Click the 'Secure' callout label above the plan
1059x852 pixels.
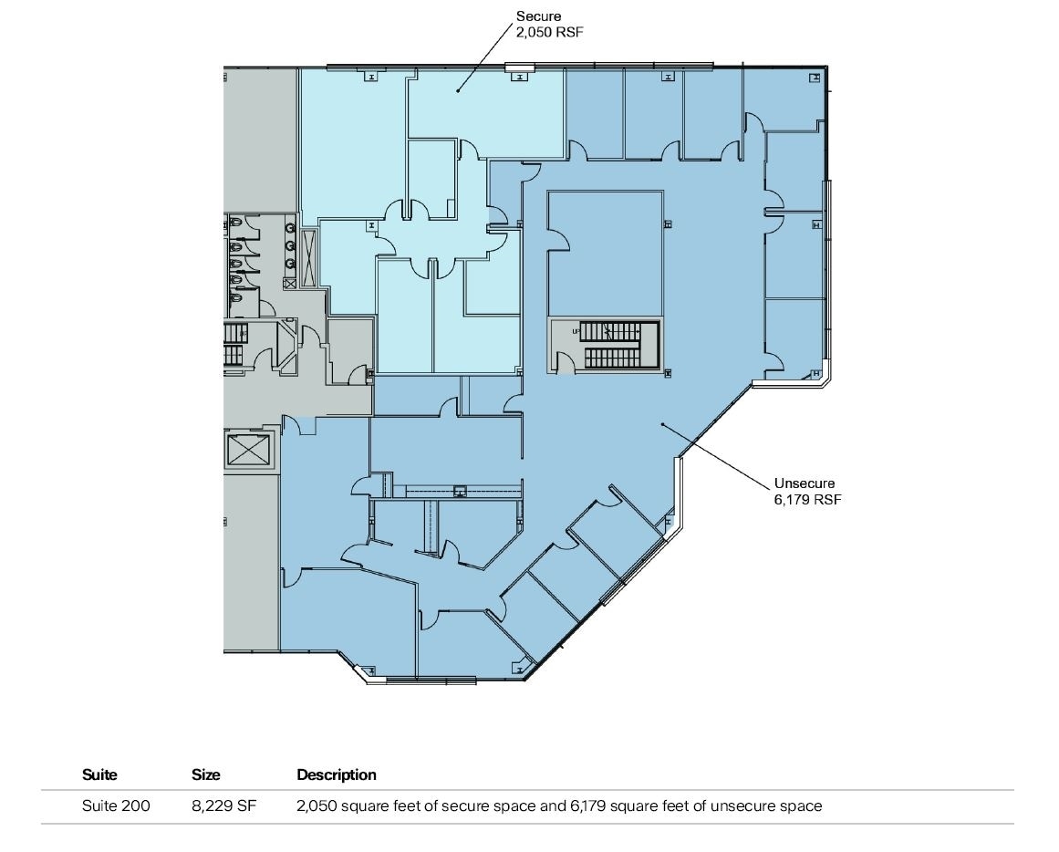coord(538,16)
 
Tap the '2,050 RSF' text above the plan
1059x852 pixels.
coord(549,32)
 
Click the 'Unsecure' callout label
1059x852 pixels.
coord(805,483)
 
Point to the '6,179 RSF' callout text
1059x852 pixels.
coord(807,499)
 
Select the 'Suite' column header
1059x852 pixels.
coord(99,774)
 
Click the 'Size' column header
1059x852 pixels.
coord(205,774)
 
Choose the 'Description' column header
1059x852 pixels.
coord(336,774)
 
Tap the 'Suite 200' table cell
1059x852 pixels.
coord(116,805)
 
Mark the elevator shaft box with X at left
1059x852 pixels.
coord(249,450)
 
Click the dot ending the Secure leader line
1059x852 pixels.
coord(458,89)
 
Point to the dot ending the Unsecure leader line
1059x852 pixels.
coord(662,424)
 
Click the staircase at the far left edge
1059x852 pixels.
coord(234,345)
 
